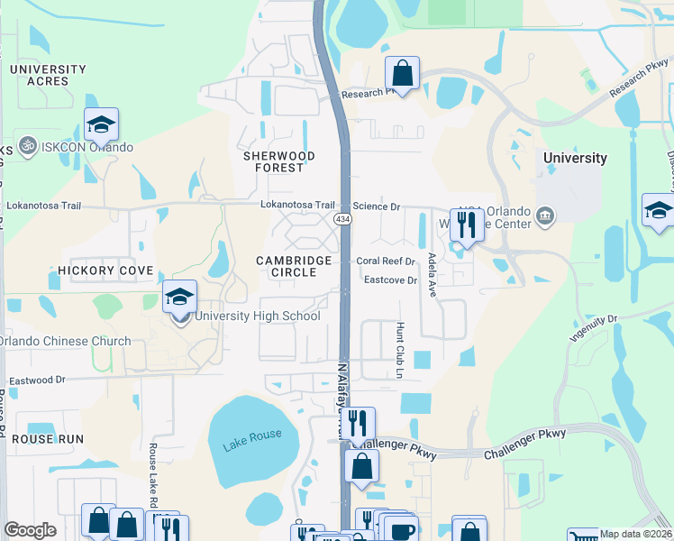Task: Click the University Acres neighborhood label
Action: coord(49,75)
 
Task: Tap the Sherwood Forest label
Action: coord(279,162)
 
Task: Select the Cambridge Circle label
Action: coord(294,266)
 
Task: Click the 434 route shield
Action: coord(342,219)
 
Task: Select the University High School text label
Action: coord(257,316)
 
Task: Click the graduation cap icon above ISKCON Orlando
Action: coord(102,124)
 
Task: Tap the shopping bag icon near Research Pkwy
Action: coord(403,71)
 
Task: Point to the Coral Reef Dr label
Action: coord(385,261)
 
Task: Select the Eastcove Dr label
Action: coord(390,280)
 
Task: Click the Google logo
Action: coord(30,530)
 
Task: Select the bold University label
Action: coord(575,158)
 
